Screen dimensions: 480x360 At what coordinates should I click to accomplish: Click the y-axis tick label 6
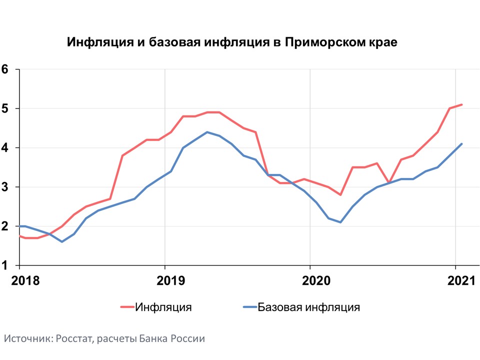click(4, 69)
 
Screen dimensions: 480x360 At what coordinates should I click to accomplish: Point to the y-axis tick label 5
click(4, 108)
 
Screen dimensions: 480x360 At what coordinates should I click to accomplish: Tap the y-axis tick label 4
click(4, 148)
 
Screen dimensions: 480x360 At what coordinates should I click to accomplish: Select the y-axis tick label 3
click(4, 187)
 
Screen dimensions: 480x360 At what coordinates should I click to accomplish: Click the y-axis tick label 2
click(4, 226)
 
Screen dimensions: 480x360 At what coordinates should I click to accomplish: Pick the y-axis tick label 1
click(4, 265)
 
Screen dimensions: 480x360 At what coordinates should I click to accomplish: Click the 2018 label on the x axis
click(25, 280)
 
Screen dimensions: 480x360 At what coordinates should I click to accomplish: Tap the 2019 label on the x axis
click(171, 280)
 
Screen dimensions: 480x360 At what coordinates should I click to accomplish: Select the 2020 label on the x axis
click(316, 280)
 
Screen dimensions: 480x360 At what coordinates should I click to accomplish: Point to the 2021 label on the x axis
click(461, 280)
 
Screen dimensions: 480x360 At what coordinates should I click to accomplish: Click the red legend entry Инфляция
click(156, 307)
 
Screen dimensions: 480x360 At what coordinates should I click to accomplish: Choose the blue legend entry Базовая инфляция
click(301, 307)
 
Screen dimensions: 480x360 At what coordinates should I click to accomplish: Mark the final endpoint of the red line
click(461, 104)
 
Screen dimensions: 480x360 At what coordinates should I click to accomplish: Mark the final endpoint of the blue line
click(461, 144)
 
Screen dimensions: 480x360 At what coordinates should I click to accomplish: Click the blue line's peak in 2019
click(207, 132)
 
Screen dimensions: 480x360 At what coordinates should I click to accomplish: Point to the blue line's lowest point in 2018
click(62, 242)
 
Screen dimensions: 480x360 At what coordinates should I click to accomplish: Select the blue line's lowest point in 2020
click(340, 222)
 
